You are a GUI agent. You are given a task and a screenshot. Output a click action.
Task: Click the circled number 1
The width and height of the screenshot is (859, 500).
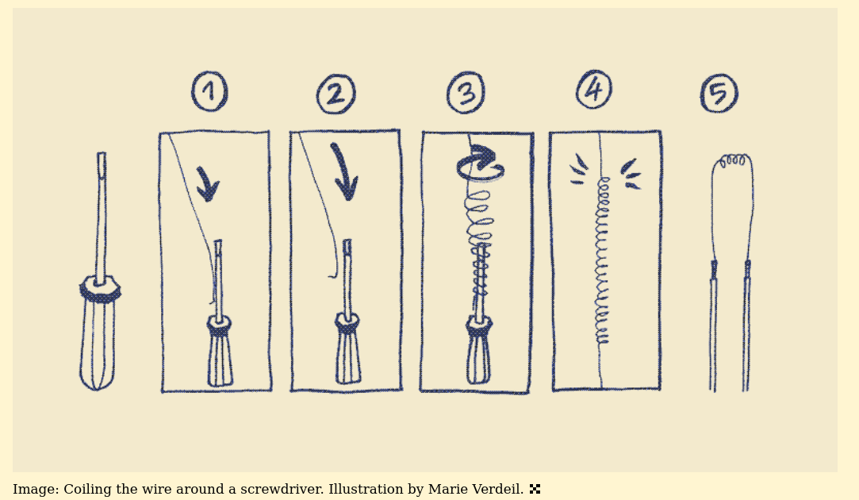pyautogui.click(x=210, y=91)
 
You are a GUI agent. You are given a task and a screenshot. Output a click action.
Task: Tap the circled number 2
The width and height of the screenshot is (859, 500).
pyautogui.click(x=336, y=94)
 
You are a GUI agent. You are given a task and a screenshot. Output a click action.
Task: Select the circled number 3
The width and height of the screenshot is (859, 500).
pyautogui.click(x=466, y=92)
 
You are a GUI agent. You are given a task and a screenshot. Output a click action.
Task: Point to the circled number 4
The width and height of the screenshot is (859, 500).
pyautogui.click(x=594, y=89)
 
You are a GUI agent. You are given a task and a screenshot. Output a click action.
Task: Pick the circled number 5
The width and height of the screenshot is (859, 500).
pyautogui.click(x=719, y=94)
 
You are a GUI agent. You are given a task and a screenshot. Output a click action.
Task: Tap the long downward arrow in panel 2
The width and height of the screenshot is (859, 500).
pyautogui.click(x=344, y=172)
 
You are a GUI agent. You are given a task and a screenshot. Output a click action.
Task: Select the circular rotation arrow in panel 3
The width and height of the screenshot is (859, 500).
pyautogui.click(x=481, y=163)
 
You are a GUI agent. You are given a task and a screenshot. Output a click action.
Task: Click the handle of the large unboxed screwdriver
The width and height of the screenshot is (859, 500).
pyautogui.click(x=98, y=334)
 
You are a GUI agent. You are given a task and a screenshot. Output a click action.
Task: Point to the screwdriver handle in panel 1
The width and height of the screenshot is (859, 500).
pyautogui.click(x=220, y=352)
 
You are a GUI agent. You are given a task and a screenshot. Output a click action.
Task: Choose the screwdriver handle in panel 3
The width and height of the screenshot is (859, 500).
pyautogui.click(x=479, y=351)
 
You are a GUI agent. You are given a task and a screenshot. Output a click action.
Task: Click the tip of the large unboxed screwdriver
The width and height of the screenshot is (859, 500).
pyautogui.click(x=102, y=154)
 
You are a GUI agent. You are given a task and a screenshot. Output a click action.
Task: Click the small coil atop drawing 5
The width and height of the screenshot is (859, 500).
pyautogui.click(x=733, y=161)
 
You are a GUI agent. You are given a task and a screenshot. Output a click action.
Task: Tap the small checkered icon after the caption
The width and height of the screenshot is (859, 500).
pyautogui.click(x=535, y=489)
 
